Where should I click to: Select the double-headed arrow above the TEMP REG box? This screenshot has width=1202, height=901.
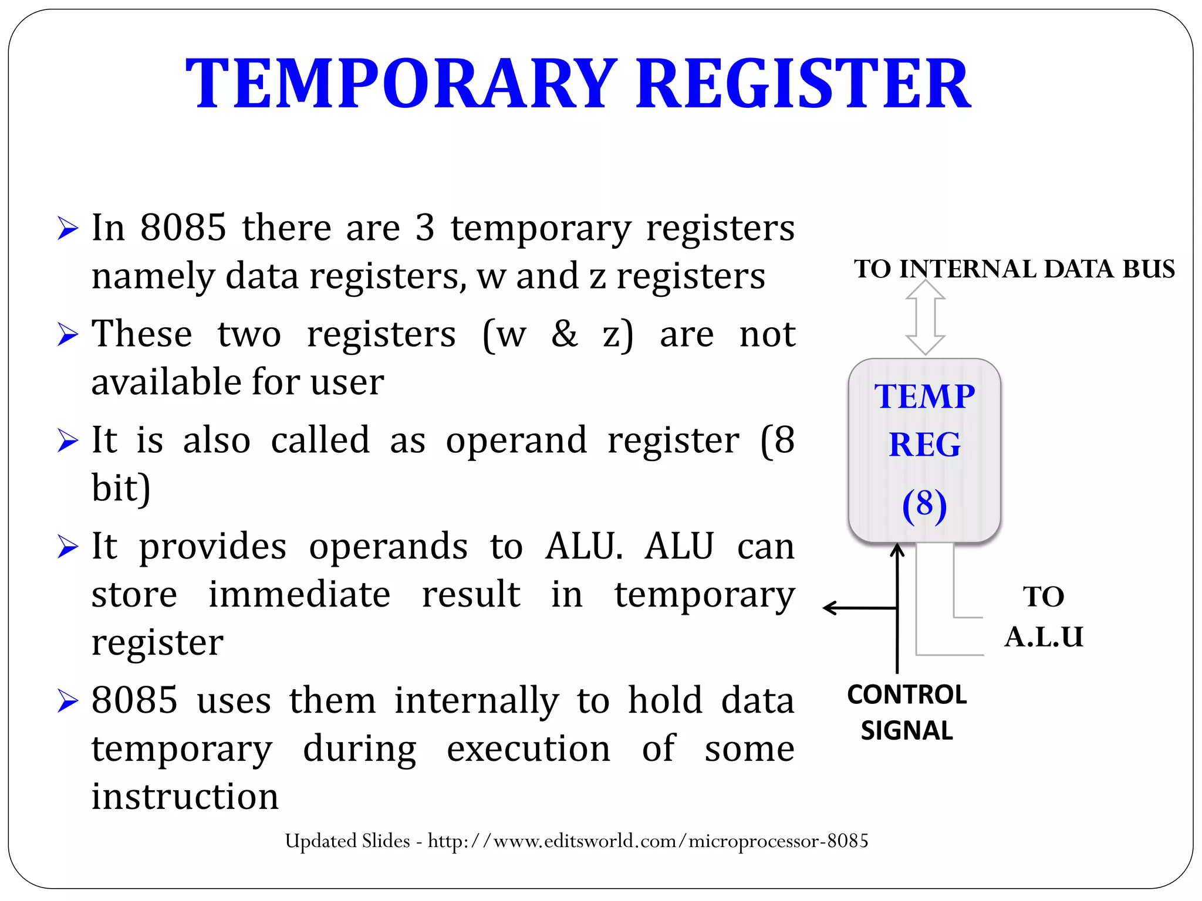click(x=925, y=317)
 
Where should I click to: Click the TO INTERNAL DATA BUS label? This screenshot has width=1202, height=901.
click(x=1014, y=269)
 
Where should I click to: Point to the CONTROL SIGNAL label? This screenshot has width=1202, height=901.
click(x=907, y=712)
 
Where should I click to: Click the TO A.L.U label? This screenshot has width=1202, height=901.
click(x=1044, y=617)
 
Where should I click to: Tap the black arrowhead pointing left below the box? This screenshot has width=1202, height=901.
click(x=829, y=608)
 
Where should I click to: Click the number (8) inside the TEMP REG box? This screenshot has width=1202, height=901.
click(x=924, y=504)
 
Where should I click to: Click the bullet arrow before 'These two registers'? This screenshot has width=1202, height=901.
click(x=68, y=334)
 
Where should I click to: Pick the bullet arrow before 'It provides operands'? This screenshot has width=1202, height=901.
click(x=68, y=547)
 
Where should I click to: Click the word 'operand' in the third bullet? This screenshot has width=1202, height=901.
click(x=516, y=440)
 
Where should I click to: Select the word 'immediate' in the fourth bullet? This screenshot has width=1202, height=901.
click(x=299, y=594)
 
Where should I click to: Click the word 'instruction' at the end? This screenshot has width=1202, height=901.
click(x=185, y=797)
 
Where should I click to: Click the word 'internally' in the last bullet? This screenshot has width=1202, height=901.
click(x=476, y=700)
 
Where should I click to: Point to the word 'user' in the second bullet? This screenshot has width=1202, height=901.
click(x=347, y=382)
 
